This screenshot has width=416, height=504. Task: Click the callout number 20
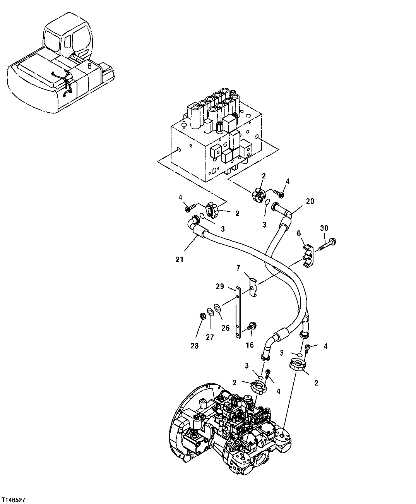click(310, 201)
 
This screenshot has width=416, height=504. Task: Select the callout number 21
click(179, 260)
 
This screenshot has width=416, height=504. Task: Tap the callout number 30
click(324, 228)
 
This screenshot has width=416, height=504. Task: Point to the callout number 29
click(220, 286)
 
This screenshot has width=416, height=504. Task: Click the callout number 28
click(194, 346)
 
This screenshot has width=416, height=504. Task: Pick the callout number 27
click(209, 337)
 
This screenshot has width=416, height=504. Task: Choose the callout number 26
click(225, 328)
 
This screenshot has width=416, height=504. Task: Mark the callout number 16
click(250, 345)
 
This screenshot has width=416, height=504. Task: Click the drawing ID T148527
click(14, 500)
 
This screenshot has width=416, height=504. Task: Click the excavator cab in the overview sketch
click(69, 39)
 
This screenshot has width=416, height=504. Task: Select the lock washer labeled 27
click(210, 312)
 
